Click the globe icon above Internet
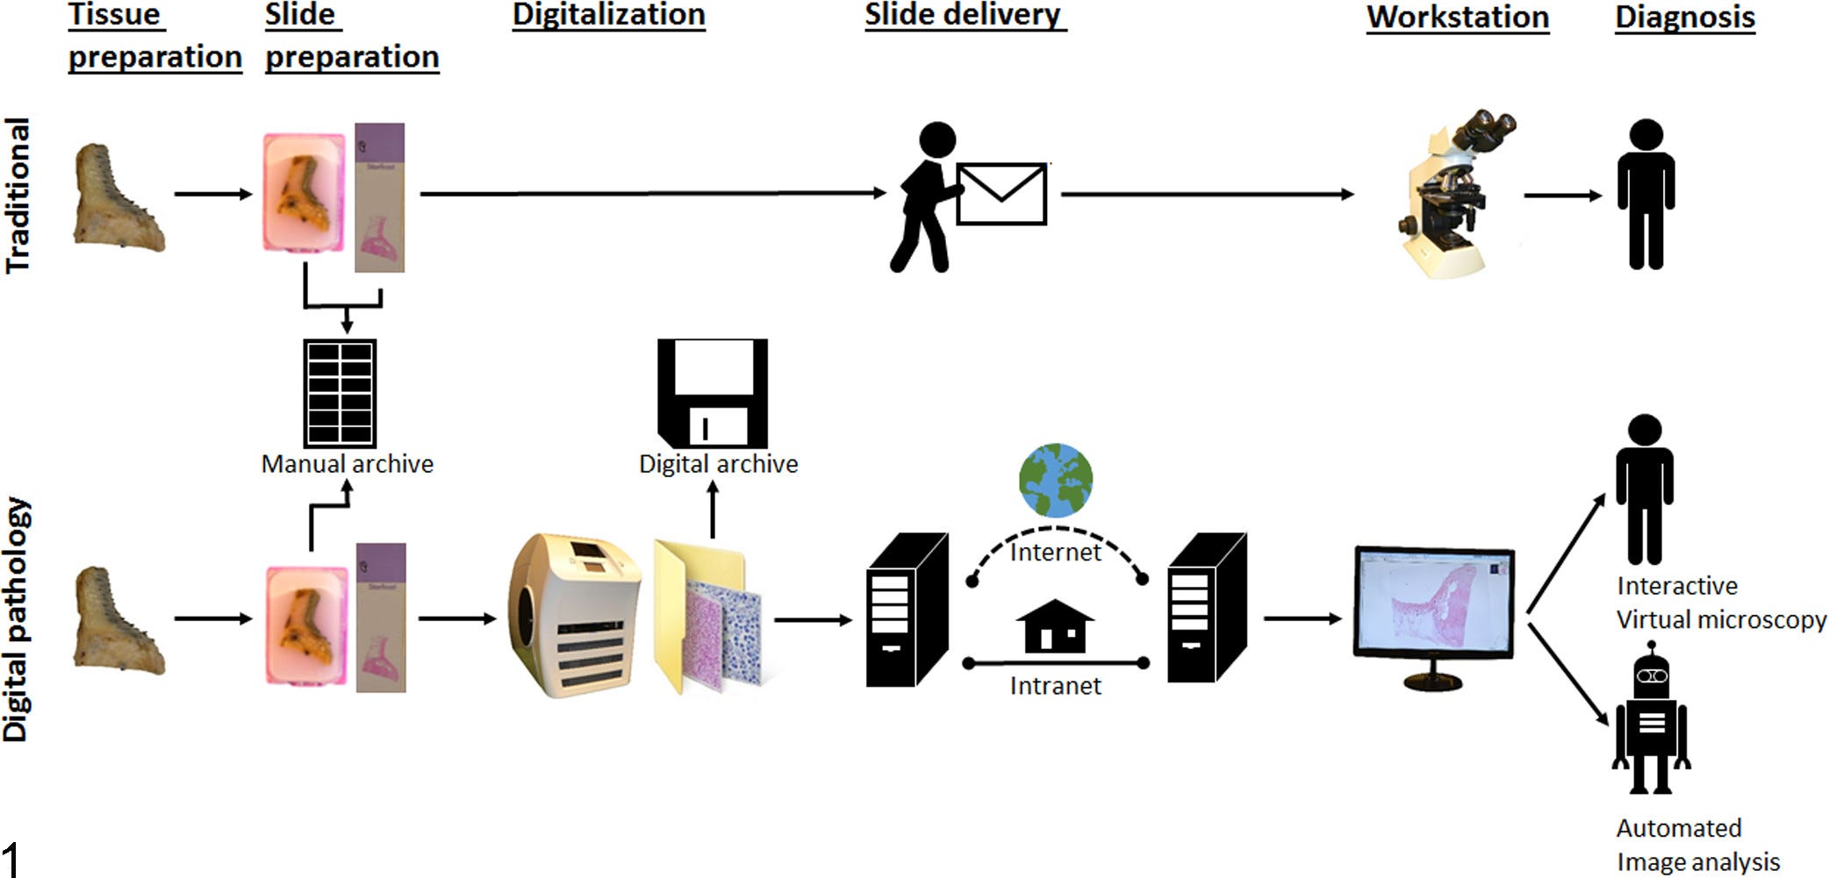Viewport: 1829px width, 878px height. pyautogui.click(x=1056, y=481)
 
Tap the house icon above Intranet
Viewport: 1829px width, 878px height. pyautogui.click(x=1055, y=626)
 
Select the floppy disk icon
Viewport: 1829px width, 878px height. pyautogui.click(x=713, y=393)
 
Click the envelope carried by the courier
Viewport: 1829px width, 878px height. pyautogui.click(x=1001, y=194)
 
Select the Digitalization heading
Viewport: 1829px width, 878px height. pyautogui.click(x=608, y=15)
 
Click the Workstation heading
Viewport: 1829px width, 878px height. pyautogui.click(x=1457, y=18)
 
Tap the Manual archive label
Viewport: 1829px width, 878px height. pyautogui.click(x=348, y=464)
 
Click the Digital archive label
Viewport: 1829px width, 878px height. pyautogui.click(x=718, y=464)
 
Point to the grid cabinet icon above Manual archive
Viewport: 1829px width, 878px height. pyautogui.click(x=340, y=394)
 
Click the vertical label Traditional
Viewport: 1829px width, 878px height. pyautogui.click(x=18, y=196)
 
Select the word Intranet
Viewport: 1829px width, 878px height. pyautogui.click(x=1055, y=686)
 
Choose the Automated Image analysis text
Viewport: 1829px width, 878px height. pyautogui.click(x=1696, y=845)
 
